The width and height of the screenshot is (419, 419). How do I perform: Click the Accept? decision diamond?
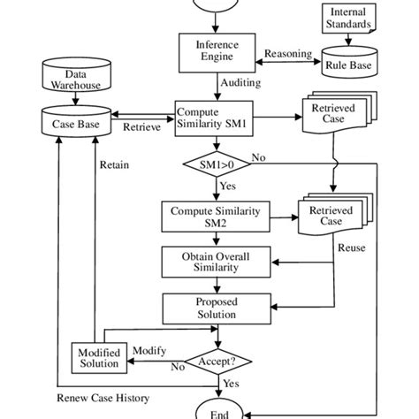(x=217, y=362)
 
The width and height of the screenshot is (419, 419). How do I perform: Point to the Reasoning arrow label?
(x=290, y=54)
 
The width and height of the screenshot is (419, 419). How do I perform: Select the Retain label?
(x=115, y=164)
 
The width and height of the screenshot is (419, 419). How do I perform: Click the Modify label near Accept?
(x=149, y=351)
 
